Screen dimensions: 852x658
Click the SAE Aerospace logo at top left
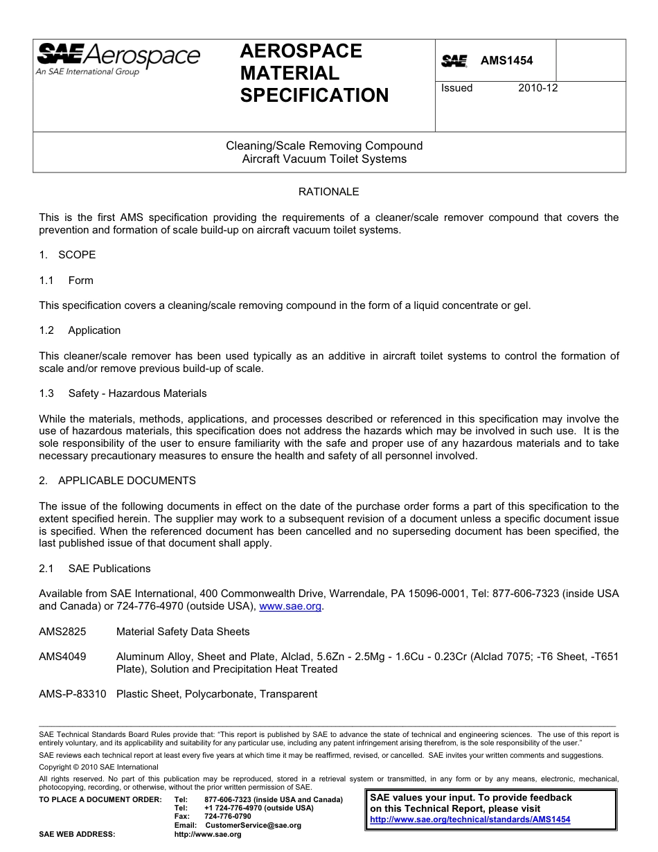(x=118, y=59)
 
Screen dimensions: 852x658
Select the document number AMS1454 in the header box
(x=507, y=61)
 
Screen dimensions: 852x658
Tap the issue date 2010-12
(x=537, y=88)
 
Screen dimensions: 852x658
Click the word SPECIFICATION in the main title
(x=314, y=96)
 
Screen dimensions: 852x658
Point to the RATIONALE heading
(x=328, y=192)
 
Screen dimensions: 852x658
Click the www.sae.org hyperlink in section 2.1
(x=290, y=606)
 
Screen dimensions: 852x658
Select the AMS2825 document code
(x=62, y=632)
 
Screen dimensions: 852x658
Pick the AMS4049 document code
(x=62, y=657)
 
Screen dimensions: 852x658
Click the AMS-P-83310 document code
(x=73, y=694)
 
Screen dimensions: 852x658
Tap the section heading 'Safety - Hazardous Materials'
(x=137, y=393)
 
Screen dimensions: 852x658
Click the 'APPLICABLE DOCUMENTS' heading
(x=127, y=481)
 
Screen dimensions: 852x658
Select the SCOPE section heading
(x=77, y=255)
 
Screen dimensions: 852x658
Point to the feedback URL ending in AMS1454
(x=470, y=819)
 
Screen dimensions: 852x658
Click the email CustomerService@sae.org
(x=253, y=825)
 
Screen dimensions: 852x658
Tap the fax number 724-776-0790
(x=228, y=817)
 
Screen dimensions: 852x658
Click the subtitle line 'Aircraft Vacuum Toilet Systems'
(x=324, y=159)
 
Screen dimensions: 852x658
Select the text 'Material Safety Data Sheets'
(x=183, y=632)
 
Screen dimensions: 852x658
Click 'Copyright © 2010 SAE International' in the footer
(x=98, y=767)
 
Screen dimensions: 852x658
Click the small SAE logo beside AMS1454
(x=454, y=61)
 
